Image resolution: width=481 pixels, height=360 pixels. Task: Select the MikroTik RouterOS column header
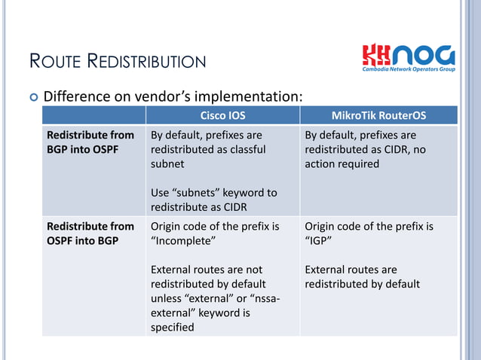point(378,116)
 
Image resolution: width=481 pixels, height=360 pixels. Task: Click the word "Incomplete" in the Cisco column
point(184,240)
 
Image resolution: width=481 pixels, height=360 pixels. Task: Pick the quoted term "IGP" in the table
point(319,240)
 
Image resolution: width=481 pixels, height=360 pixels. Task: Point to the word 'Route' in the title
point(56,61)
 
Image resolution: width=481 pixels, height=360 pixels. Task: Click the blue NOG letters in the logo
point(424,54)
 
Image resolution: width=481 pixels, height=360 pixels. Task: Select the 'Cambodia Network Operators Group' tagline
point(408,69)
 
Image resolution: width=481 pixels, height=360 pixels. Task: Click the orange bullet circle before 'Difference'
point(32,97)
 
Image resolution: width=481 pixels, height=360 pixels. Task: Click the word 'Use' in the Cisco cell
point(161,192)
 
